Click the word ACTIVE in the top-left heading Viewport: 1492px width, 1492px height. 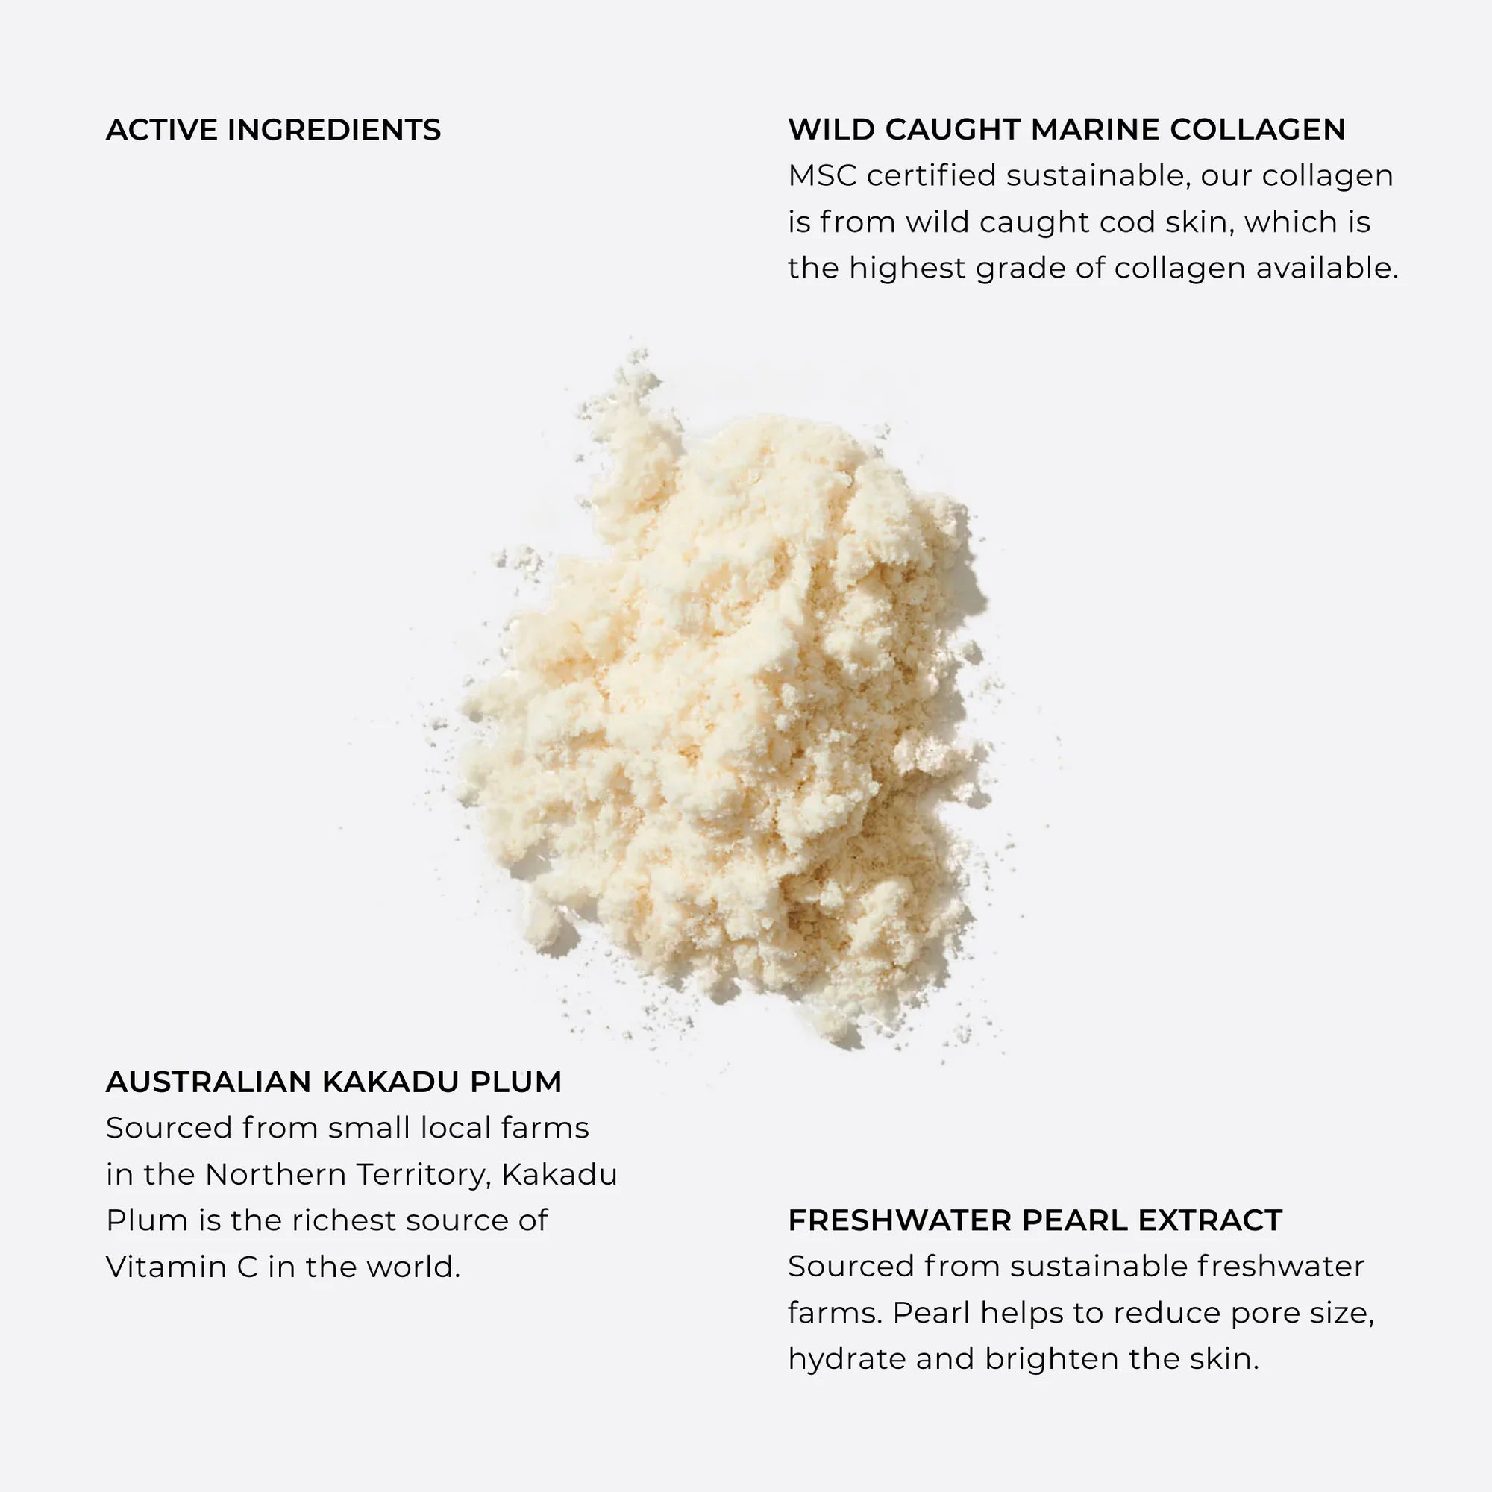point(161,130)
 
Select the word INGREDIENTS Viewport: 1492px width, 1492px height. point(333,130)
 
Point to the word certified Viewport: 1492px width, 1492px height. point(931,176)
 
